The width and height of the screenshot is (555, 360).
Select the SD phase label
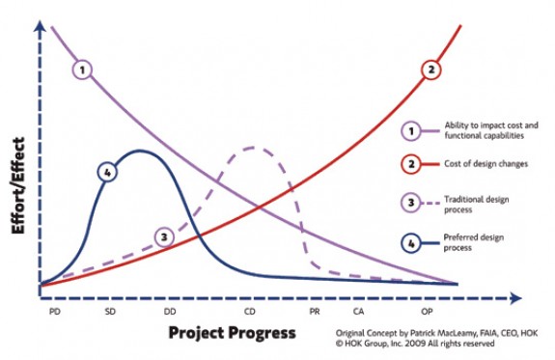point(110,312)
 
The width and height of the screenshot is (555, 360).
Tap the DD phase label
point(170,312)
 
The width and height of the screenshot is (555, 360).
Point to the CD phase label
point(250,312)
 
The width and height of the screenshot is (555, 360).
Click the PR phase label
point(315,312)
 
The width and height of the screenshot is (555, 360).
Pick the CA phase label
point(358,312)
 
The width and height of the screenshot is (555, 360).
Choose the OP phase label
point(427,312)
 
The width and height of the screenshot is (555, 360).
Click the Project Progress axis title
point(232,334)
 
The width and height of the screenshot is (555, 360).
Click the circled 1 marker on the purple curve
point(84,69)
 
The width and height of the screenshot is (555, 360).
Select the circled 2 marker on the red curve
point(431,69)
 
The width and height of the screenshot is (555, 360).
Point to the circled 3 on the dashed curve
point(166,235)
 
